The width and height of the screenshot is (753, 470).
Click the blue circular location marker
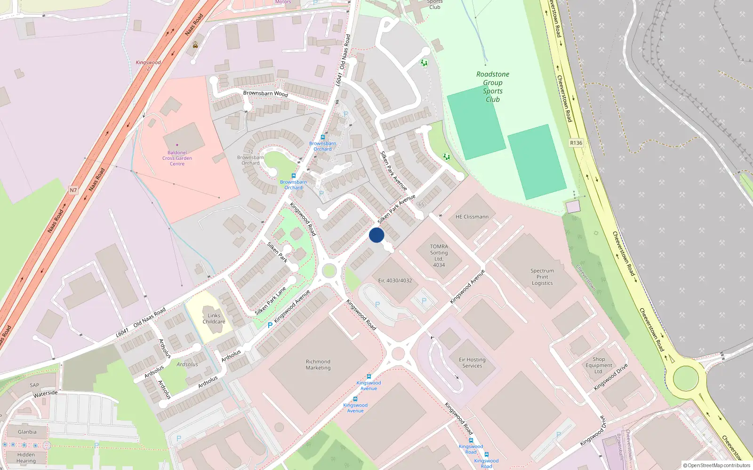click(x=376, y=235)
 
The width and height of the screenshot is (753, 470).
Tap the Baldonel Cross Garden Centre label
click(x=177, y=158)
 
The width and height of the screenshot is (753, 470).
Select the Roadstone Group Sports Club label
click(x=493, y=86)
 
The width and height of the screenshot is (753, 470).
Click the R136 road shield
click(x=576, y=143)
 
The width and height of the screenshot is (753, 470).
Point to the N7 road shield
click(x=73, y=190)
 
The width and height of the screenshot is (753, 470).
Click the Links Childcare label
click(x=214, y=319)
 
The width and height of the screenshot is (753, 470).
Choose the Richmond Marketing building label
click(x=318, y=365)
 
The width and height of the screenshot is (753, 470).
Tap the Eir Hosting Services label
click(x=472, y=362)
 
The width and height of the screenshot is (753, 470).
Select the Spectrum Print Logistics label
click(x=542, y=277)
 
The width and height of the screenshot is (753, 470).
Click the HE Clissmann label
click(x=472, y=217)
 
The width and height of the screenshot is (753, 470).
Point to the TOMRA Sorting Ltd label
click(x=439, y=256)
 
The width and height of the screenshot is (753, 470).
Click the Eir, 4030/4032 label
click(x=395, y=281)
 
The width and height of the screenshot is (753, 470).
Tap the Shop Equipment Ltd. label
click(x=599, y=365)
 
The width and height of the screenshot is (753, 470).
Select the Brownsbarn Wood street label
click(x=265, y=94)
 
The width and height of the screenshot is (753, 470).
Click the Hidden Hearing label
click(x=26, y=458)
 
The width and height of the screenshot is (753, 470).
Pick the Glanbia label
click(x=27, y=432)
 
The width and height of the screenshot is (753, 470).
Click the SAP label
click(x=35, y=385)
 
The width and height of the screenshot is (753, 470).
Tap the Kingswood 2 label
click(x=148, y=65)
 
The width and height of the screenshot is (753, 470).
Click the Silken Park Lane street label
click(x=271, y=301)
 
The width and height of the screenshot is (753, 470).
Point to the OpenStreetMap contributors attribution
click(x=716, y=465)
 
